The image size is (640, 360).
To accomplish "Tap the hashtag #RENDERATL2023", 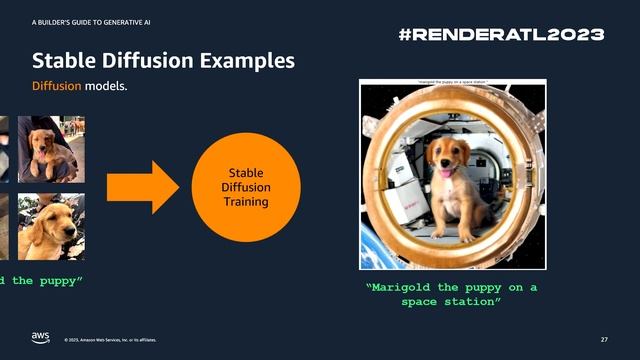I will pos(501,34).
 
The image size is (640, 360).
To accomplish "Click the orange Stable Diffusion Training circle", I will pos(244,186).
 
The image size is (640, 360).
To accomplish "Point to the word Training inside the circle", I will pos(244,202).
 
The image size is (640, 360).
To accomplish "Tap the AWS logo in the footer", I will pos(40,336).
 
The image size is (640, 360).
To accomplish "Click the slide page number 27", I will pos(604,338).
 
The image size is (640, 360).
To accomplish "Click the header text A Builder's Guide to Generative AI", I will pos(91,20).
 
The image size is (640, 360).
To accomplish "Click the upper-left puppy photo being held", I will pos(51,149).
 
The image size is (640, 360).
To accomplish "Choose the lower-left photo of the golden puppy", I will pos(50,226).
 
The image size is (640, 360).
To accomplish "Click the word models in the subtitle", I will pos(106,87).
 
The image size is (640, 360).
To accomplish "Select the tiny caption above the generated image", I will pos(452,82).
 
